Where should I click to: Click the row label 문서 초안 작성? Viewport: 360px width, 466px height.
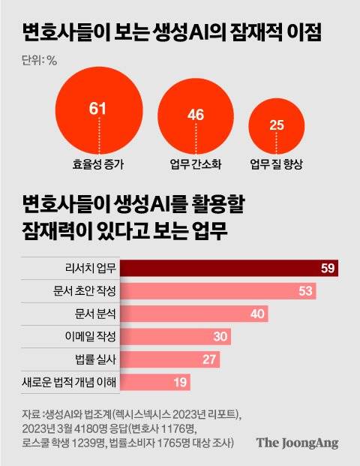point(83,290)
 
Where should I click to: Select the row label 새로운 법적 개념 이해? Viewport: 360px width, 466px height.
point(70,383)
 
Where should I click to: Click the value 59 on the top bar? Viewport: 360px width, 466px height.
point(328,268)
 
